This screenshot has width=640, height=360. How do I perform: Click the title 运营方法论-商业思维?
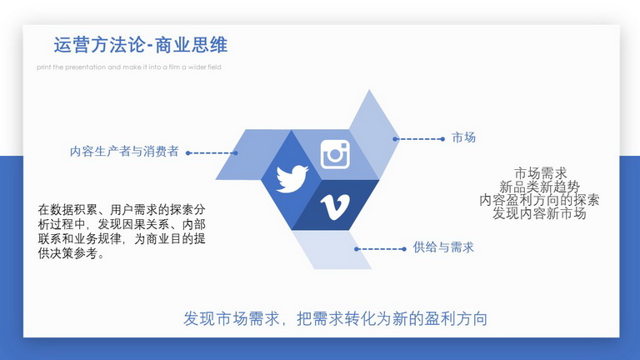point(140,45)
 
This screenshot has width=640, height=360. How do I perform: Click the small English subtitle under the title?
point(129,67)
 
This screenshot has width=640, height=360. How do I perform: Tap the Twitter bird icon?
point(292,178)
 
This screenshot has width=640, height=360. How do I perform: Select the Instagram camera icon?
point(335,154)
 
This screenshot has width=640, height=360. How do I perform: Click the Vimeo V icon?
point(335,207)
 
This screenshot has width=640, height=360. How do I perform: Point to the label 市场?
point(463,137)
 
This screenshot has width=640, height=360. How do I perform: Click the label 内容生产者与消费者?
point(124,152)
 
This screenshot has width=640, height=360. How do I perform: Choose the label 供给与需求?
point(443,247)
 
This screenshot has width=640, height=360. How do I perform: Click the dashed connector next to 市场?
point(419,139)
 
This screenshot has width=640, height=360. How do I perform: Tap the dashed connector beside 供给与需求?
point(380,249)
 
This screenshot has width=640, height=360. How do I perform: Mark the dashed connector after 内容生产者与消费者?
point(212,153)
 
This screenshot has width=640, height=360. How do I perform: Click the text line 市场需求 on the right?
point(540,173)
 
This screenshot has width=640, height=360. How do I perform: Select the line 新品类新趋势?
point(540,187)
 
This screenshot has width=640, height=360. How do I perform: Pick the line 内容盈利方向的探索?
point(539,200)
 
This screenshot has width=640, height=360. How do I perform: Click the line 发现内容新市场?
point(539,213)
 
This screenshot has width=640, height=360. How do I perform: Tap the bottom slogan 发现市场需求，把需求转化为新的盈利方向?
point(335,318)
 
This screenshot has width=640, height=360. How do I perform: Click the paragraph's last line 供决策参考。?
point(72,253)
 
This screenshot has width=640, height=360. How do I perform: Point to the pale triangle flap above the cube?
point(372,132)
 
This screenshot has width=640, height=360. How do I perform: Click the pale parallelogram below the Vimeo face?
point(332,250)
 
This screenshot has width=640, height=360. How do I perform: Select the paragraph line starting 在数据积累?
point(122,210)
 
